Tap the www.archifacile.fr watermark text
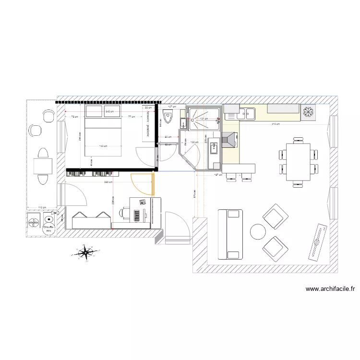(x=330, y=289)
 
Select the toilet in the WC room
(x=168, y=116)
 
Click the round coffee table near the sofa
(x=258, y=232)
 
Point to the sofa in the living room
(x=229, y=235)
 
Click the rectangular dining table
(x=298, y=161)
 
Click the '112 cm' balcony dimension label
(x=42, y=208)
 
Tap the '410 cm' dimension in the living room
(x=276, y=125)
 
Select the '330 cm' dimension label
(x=108, y=182)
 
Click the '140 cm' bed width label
(x=103, y=146)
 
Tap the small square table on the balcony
(x=43, y=167)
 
